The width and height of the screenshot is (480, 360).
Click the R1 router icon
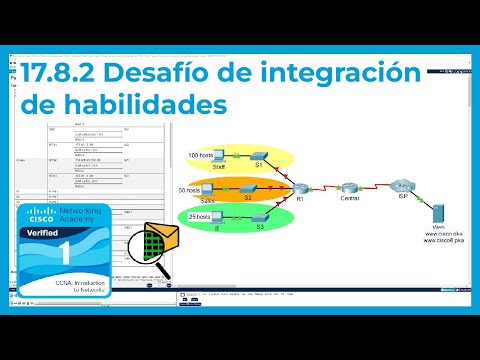pos(300,187)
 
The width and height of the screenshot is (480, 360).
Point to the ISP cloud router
pos(399,184)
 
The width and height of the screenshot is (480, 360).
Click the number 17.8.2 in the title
pos(61,73)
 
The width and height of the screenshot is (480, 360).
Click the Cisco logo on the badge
pos(41,216)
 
